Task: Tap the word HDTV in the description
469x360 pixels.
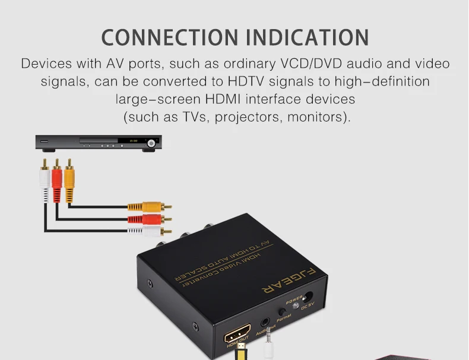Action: click(x=217, y=81)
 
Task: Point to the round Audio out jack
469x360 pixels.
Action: click(x=265, y=324)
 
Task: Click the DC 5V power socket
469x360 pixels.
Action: click(x=308, y=297)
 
